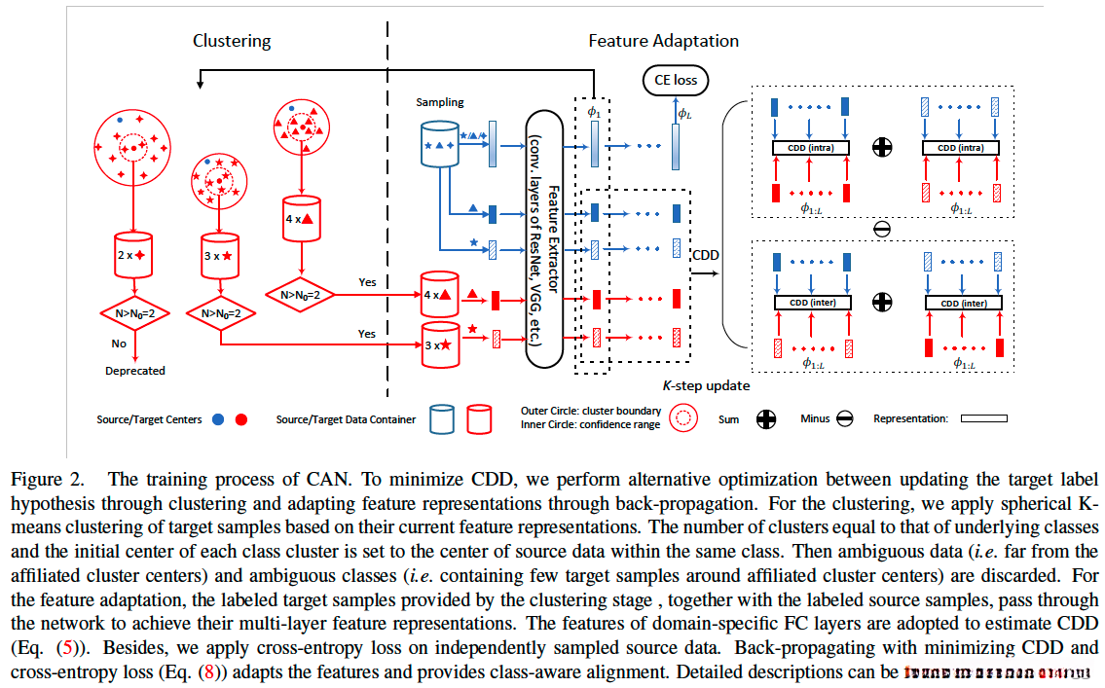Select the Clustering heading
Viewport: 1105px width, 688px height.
[232, 41]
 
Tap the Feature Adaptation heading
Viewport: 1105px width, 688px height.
[663, 41]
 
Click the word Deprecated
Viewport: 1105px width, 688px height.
[135, 371]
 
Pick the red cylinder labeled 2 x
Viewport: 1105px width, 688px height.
[134, 254]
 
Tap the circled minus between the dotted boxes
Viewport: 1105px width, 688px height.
[882, 231]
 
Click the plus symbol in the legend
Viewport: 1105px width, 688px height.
[767, 419]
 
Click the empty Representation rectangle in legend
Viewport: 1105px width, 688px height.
[983, 419]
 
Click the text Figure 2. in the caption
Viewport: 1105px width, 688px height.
[45, 479]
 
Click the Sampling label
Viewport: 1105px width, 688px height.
[440, 102]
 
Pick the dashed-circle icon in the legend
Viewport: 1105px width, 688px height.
[685, 419]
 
